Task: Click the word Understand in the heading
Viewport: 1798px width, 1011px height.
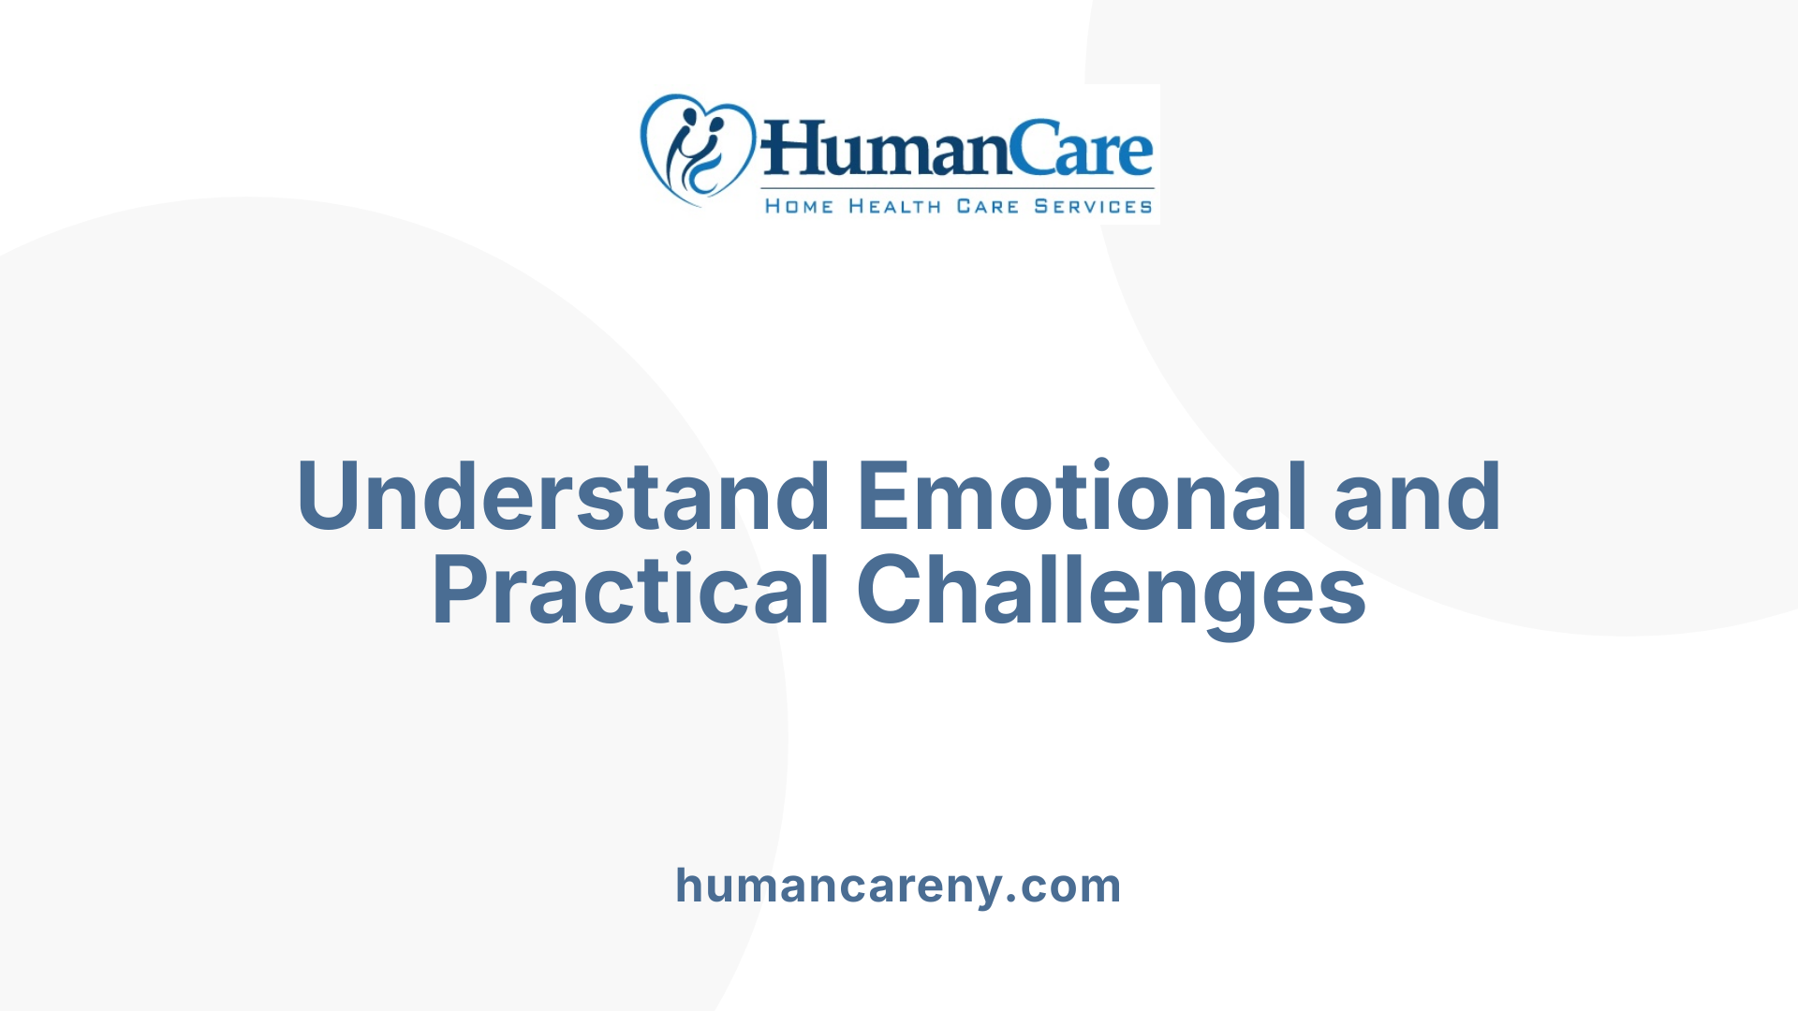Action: pyautogui.click(x=562, y=497)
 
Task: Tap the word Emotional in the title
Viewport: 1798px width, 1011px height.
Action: pyautogui.click(x=1082, y=497)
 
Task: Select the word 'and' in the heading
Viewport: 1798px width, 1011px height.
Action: pyautogui.click(x=1417, y=497)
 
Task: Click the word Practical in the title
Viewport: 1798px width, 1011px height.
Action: pyautogui.click(x=630, y=591)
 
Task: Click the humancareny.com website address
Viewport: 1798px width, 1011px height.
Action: pyautogui.click(x=898, y=886)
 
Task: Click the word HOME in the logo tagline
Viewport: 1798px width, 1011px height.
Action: pyautogui.click(x=799, y=206)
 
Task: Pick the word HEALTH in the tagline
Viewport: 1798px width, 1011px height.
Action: pyautogui.click(x=894, y=206)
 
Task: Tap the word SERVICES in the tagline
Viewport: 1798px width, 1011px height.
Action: pyautogui.click(x=1093, y=206)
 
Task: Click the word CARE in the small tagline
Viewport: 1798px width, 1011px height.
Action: pyautogui.click(x=987, y=206)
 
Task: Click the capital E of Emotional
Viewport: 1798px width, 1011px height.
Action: pyautogui.click(x=885, y=497)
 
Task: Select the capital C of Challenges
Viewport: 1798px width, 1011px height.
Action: pyautogui.click(x=889, y=591)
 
